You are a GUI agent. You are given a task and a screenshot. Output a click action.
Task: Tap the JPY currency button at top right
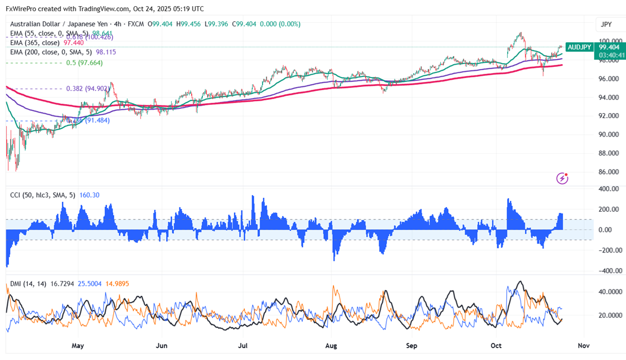606,25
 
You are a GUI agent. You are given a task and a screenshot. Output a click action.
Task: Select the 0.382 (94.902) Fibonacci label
88,89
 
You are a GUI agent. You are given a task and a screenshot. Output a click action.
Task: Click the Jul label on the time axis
243,346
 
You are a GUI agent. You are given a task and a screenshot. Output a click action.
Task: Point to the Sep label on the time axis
412,346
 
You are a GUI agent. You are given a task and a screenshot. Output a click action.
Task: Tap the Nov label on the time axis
583,346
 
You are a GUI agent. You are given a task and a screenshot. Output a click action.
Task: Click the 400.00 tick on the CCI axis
609,189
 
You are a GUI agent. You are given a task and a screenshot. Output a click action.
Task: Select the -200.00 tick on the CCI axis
608,250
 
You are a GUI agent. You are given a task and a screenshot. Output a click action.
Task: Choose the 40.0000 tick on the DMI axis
610,291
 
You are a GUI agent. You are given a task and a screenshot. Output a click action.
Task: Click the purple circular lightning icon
562,178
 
